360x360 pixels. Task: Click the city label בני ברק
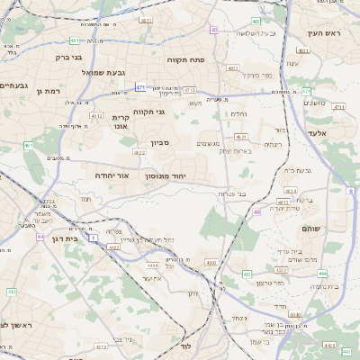click(68, 58)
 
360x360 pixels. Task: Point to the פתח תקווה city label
click(187, 59)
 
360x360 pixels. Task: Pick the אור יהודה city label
click(113, 176)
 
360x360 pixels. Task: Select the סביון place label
click(159, 142)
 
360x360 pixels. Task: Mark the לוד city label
click(186, 346)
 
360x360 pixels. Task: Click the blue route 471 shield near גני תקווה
click(140, 87)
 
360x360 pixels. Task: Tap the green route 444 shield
click(322, 274)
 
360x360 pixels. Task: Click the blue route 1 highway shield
click(93, 237)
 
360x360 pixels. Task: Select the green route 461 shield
click(28, 145)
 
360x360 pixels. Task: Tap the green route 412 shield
click(12, 292)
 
